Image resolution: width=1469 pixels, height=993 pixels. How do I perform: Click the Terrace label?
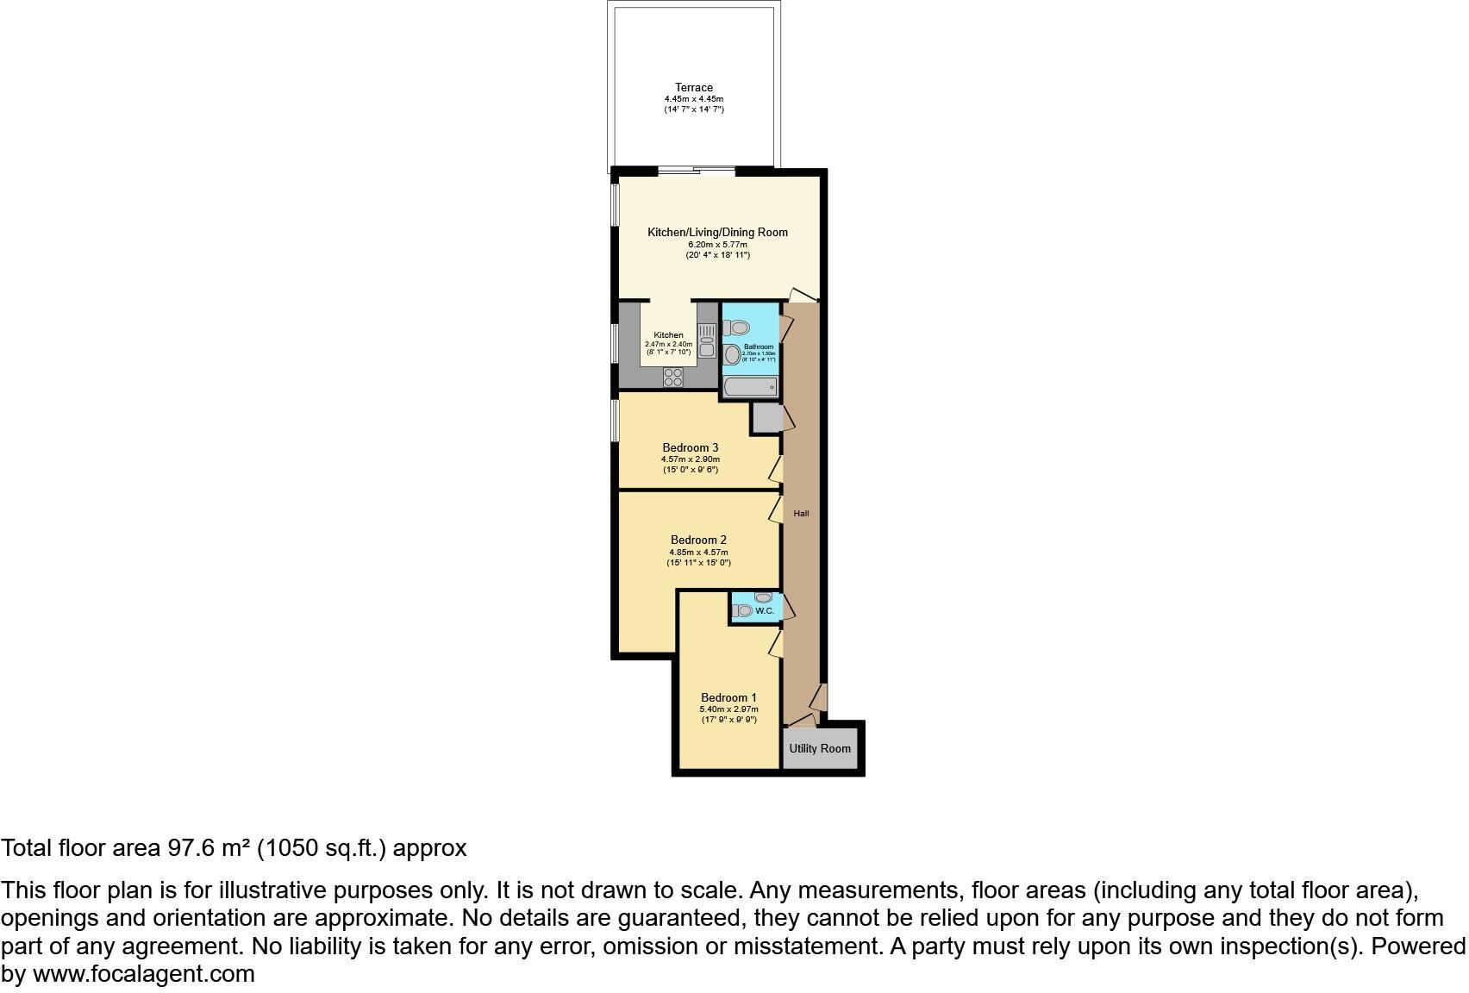[693, 87]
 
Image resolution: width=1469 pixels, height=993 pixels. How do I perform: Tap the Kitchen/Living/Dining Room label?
[717, 232]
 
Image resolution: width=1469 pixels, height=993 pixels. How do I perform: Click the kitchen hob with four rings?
[673, 377]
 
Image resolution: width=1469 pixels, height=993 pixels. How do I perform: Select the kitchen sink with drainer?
[707, 340]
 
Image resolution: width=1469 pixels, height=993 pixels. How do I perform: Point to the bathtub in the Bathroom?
[750, 387]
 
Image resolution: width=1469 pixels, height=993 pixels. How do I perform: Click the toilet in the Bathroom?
[736, 328]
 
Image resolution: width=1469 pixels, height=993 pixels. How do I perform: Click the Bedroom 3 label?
[690, 447]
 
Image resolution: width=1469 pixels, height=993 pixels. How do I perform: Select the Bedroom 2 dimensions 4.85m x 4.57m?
[698, 552]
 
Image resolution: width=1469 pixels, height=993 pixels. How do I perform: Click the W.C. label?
[764, 611]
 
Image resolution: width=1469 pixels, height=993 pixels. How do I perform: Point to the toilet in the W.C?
[742, 611]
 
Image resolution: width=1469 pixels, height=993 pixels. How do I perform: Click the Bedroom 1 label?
[728, 697]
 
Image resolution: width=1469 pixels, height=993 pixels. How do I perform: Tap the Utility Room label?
[820, 748]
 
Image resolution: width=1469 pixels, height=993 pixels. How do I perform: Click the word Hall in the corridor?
[801, 514]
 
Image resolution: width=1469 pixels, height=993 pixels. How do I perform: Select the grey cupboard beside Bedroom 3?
[765, 418]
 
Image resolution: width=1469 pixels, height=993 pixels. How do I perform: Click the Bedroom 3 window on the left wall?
[616, 420]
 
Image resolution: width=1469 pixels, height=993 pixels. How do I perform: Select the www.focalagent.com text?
[144, 974]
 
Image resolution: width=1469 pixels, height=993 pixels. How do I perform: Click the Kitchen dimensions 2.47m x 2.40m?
[668, 344]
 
